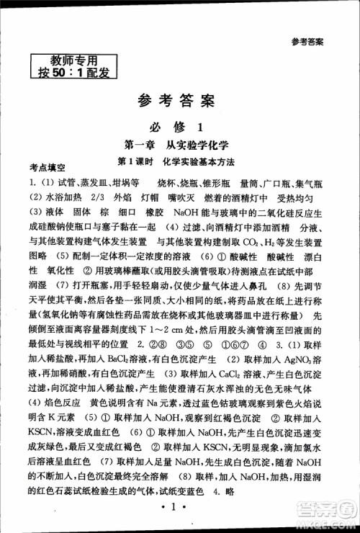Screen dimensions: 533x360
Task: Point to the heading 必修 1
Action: pos(178,127)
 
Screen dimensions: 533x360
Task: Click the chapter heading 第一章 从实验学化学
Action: pos(178,146)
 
